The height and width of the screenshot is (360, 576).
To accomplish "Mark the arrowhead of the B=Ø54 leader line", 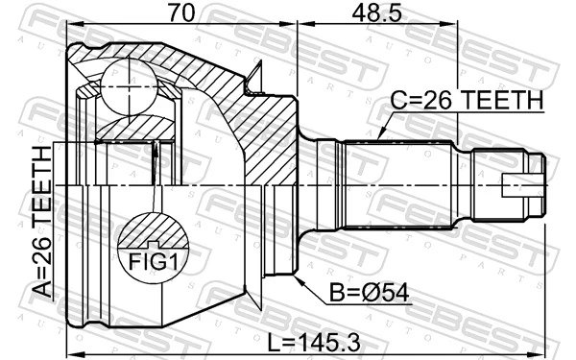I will [297, 280].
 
